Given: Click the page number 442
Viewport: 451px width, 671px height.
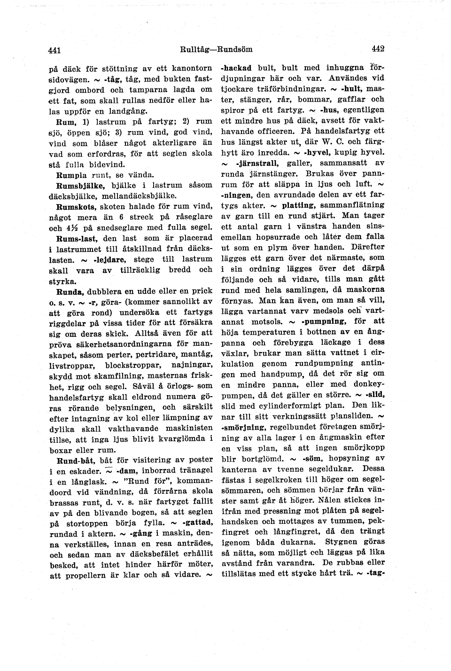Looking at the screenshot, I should (x=378, y=48).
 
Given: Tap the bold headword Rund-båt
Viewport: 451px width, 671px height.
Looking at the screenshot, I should (x=74, y=460).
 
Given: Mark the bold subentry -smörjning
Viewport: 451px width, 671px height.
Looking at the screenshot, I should (x=243, y=427).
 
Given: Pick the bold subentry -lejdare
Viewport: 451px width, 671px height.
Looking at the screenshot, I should (x=111, y=259).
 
